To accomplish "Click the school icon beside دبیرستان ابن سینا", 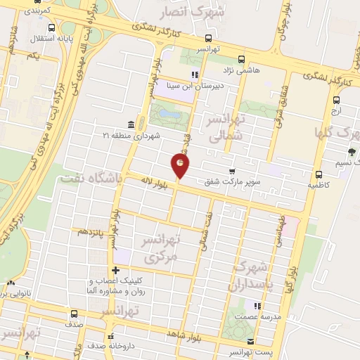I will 195,75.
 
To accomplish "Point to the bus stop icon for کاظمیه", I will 319,174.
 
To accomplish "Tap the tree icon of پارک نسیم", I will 352,152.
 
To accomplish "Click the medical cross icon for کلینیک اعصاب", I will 115,270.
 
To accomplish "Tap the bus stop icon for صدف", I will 75,314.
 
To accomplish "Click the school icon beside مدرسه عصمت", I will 257,306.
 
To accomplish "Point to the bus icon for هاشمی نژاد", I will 241,60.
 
